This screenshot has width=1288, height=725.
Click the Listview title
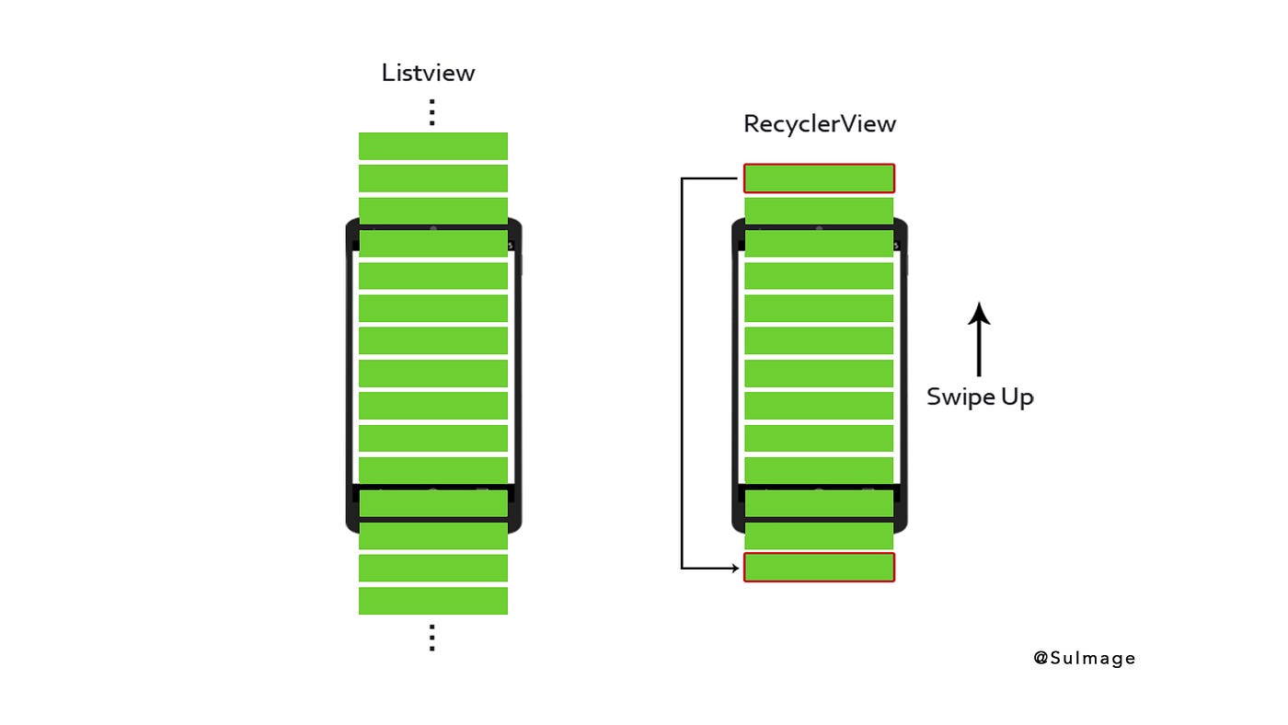pos(428,73)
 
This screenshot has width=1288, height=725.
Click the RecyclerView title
pos(819,123)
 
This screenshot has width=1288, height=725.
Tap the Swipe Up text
pos(980,397)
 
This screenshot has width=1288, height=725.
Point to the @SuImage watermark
pos(1084,658)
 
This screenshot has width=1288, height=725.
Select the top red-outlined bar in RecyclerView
pos(819,178)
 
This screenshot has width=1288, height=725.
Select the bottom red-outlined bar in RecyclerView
pos(819,568)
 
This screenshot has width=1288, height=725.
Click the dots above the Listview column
pos(431,112)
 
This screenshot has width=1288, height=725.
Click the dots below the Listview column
pos(431,638)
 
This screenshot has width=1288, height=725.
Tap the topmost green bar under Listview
pos(432,145)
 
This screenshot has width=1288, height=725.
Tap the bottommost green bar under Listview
pos(432,601)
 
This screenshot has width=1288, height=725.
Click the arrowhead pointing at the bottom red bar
pos(733,569)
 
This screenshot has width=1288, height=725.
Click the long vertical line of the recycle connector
pos(682,373)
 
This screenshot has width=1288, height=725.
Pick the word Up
pos(1017,397)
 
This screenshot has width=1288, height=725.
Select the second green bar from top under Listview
pos(432,178)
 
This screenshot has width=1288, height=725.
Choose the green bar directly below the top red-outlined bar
pos(819,210)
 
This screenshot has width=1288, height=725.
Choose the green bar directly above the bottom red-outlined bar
pos(819,535)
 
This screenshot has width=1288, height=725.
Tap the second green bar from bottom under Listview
pos(432,568)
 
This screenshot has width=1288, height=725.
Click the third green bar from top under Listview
pos(432,210)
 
